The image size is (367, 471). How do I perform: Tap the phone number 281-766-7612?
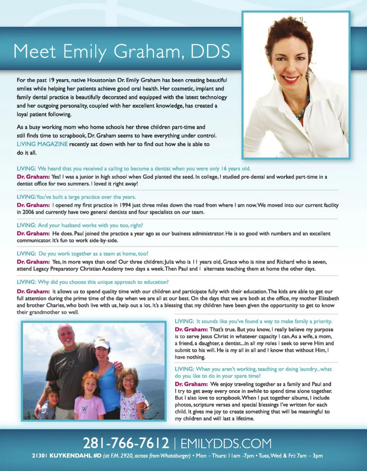click(126, 443)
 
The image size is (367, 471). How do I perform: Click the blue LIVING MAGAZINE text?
click(42, 144)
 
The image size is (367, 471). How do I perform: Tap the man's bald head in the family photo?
click(65, 329)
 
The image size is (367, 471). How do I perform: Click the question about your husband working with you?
click(80, 225)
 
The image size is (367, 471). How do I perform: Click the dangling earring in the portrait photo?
click(275, 76)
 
